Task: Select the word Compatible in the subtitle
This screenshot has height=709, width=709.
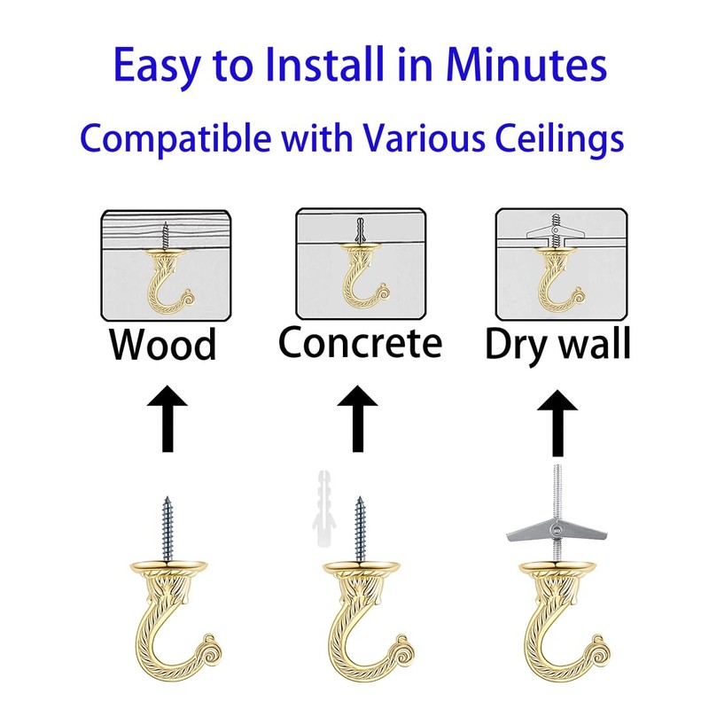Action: pos(167,139)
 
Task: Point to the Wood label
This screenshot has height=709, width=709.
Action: pos(163,344)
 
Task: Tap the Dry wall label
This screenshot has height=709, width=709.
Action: pos(557,345)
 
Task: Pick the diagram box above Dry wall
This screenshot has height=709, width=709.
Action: pos(555,264)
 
